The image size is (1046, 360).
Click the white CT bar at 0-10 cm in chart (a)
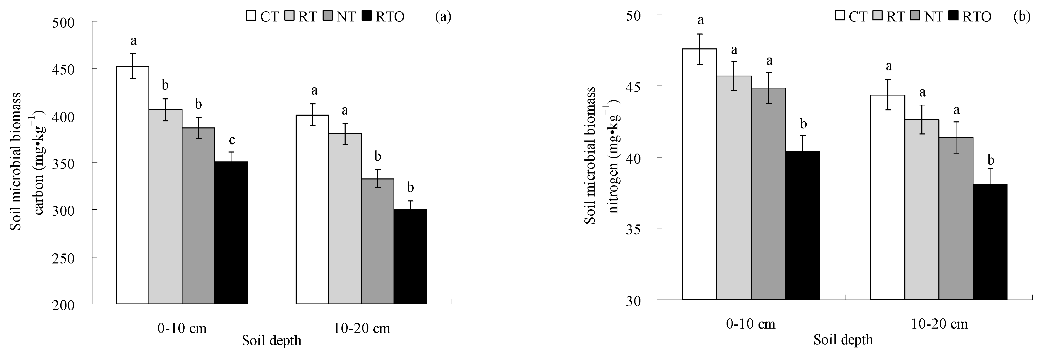point(133,185)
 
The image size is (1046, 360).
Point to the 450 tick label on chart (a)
point(63,69)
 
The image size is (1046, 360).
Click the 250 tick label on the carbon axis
point(63,257)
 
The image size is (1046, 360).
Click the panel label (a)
point(442,16)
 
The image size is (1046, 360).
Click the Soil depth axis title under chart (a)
point(272,340)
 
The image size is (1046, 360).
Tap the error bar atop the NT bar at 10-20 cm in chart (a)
point(378,179)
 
